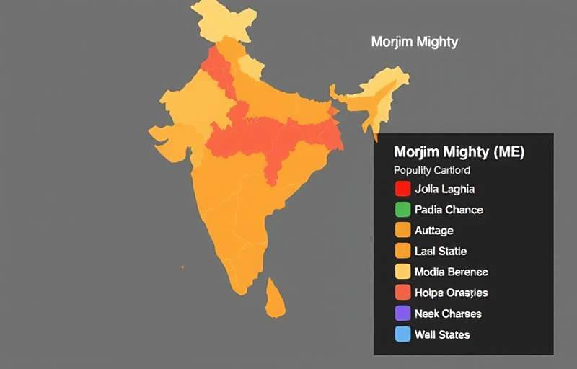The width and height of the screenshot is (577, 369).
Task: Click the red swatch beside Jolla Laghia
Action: [x=402, y=190]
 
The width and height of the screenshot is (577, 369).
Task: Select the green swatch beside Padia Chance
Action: [x=402, y=210]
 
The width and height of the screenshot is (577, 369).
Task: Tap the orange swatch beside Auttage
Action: [x=402, y=231]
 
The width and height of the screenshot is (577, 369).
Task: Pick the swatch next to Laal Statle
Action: [x=402, y=252]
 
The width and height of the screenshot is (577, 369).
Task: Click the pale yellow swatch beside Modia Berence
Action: [x=402, y=272]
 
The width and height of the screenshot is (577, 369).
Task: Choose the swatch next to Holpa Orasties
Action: [x=402, y=293]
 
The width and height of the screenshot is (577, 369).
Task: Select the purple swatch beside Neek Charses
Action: [x=402, y=314]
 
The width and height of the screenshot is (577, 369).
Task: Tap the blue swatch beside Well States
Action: [x=402, y=334]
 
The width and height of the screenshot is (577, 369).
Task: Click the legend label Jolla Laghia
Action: [x=444, y=190]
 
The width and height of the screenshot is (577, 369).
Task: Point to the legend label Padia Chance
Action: [x=449, y=210]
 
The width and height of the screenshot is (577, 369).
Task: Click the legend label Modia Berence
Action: [x=452, y=272]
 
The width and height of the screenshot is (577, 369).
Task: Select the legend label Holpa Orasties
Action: [x=452, y=293]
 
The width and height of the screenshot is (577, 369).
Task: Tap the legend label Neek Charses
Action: [x=448, y=314]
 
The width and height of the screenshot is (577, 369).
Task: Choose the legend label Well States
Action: [x=442, y=334]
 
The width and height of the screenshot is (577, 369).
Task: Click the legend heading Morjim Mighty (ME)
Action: [x=459, y=152]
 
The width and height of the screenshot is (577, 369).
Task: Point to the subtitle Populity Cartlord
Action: [x=432, y=171]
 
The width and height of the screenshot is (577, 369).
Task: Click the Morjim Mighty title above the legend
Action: [x=414, y=42]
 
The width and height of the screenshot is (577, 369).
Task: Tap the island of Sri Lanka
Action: [x=275, y=298]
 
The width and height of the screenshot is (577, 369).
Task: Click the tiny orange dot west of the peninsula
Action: [x=182, y=267]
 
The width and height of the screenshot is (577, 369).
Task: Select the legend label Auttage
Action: [x=434, y=231]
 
